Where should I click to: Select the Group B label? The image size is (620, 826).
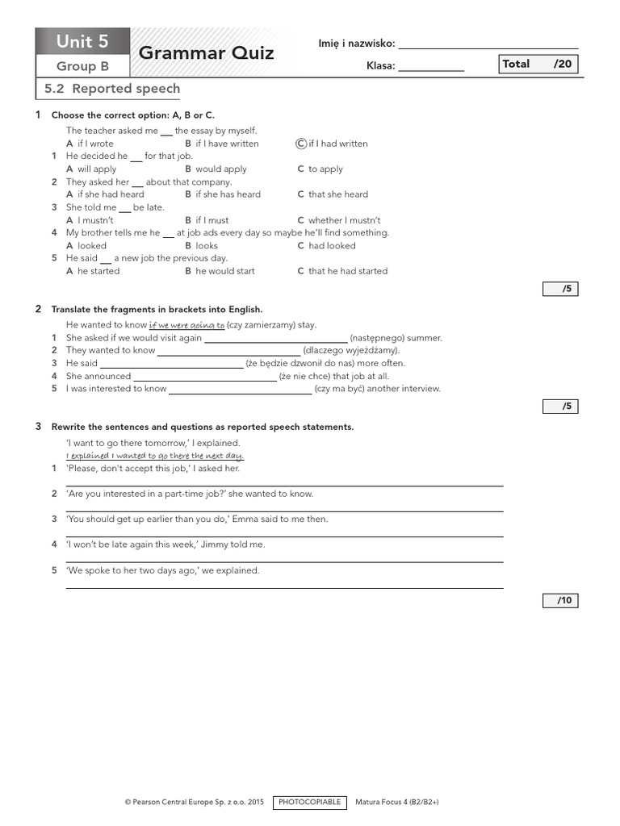(x=82, y=67)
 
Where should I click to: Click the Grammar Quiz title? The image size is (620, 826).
(x=207, y=53)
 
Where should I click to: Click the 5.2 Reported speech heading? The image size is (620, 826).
(x=112, y=89)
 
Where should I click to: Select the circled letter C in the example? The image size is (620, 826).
(x=301, y=144)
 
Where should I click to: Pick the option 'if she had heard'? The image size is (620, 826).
(x=111, y=194)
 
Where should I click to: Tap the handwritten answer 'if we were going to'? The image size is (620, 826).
(x=187, y=325)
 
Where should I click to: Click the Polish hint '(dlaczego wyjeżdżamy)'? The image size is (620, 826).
(x=351, y=351)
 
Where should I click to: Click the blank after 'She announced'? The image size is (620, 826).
(x=204, y=377)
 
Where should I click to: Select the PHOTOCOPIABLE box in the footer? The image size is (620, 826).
(x=310, y=803)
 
